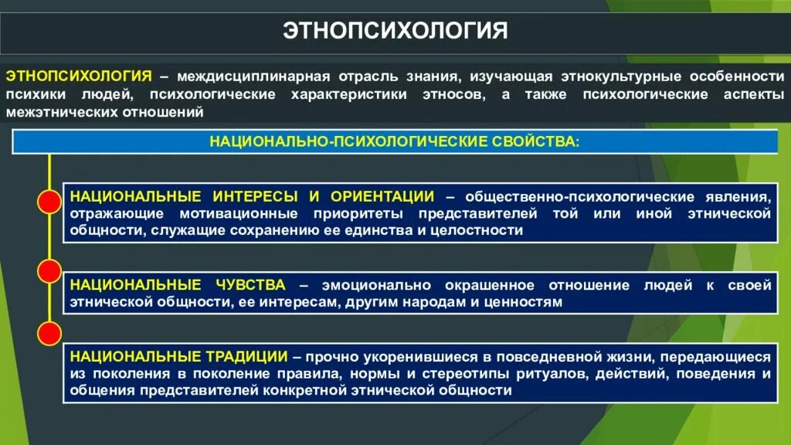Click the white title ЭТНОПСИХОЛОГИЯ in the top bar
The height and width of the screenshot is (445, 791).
click(x=395, y=30)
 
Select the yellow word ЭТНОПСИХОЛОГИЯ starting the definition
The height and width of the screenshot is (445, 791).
click(x=78, y=76)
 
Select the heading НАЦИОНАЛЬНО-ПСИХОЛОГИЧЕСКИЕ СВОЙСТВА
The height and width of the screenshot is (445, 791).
click(x=394, y=141)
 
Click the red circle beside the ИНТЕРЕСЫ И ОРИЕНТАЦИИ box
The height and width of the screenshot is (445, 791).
click(x=49, y=203)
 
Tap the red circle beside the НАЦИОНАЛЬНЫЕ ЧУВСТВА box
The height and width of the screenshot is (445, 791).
click(x=49, y=270)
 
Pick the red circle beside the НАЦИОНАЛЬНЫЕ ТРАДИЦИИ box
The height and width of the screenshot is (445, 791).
click(x=49, y=335)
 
